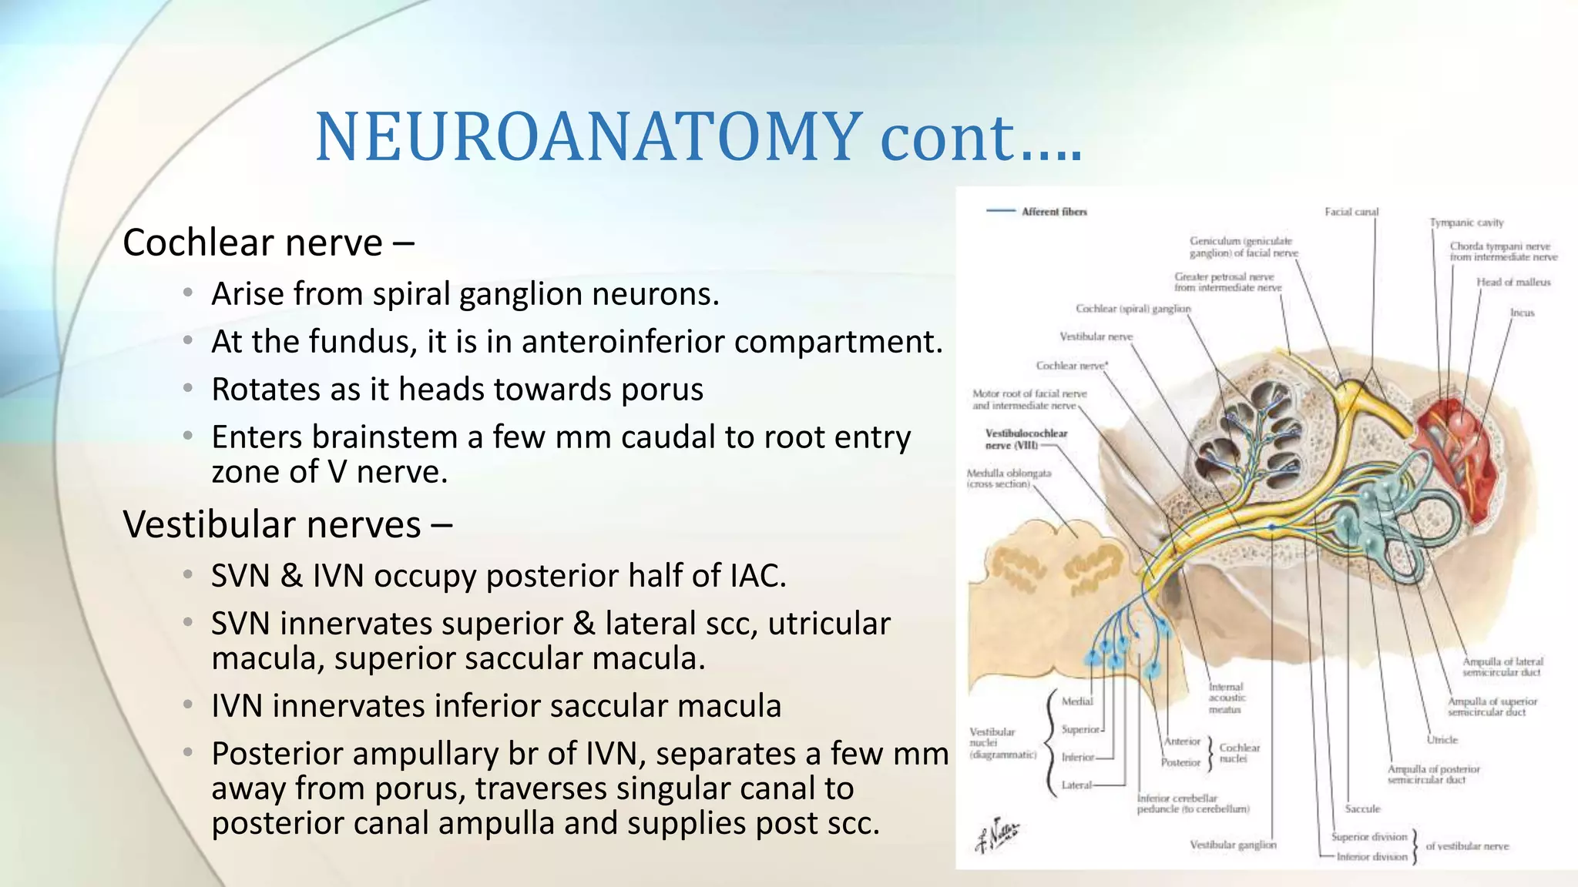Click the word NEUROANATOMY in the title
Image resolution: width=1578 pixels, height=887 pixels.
(589, 137)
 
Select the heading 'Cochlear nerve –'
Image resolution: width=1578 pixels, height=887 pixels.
(268, 243)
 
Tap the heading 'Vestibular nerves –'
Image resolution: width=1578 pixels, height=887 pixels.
(287, 525)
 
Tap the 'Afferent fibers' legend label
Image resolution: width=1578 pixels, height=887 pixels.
(1053, 212)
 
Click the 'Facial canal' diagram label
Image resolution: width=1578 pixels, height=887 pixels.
(1351, 212)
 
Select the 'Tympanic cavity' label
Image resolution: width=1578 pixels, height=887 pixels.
(1466, 223)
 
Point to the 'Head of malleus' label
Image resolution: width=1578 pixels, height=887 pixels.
(1513, 283)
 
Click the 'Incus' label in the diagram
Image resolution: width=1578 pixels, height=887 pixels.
(1522, 313)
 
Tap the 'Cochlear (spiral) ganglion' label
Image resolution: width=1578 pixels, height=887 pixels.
(1133, 309)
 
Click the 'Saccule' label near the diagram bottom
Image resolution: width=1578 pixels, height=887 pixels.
(1362, 808)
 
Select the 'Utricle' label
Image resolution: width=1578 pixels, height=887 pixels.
(1442, 740)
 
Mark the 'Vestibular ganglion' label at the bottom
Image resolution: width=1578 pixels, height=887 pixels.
(1233, 845)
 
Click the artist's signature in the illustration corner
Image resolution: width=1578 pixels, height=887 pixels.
(997, 835)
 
